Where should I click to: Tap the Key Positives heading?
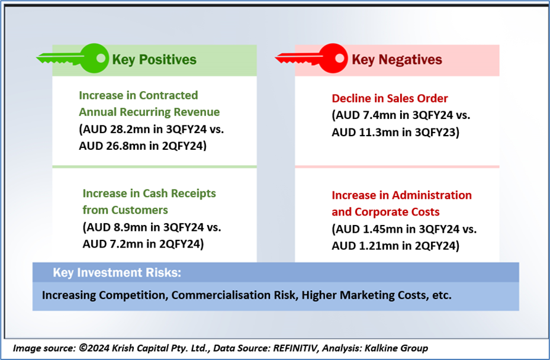click(155, 60)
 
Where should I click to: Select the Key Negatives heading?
click(397, 60)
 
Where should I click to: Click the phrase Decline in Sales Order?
click(390, 98)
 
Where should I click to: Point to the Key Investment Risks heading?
click(117, 272)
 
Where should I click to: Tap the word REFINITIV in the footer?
click(296, 348)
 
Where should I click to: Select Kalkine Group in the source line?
click(396, 348)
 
